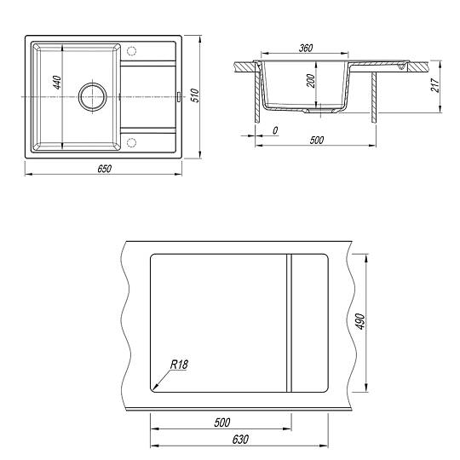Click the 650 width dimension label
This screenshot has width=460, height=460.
[x=105, y=169]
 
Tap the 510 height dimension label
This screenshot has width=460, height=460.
[x=195, y=95]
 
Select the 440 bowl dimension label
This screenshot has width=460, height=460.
[x=57, y=82]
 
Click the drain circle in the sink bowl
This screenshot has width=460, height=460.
[x=92, y=96]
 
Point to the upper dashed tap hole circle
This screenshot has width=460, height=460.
[x=131, y=51]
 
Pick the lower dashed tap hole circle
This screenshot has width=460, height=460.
[x=131, y=142]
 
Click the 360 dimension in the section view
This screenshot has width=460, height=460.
[x=306, y=48]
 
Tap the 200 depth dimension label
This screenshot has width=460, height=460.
[x=310, y=81]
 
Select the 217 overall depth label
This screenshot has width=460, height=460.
[x=435, y=85]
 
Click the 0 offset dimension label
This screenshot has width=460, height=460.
[x=275, y=130]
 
